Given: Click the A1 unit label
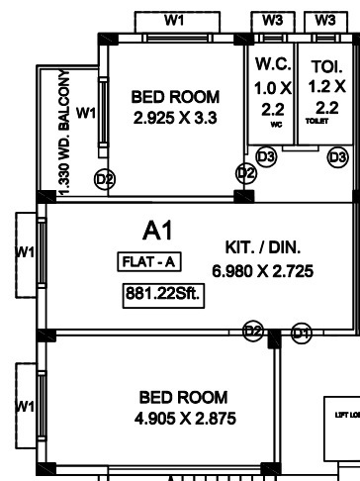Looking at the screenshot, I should click(158, 232).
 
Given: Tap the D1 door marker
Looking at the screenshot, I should click(302, 330).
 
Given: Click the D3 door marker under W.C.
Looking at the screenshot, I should click(266, 156).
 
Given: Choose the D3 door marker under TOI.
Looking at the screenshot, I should click(338, 156).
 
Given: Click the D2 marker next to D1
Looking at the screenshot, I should click(253, 330).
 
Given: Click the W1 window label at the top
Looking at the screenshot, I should click(175, 20).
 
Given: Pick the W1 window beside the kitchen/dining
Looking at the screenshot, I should click(26, 252).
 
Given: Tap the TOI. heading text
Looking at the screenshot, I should click(326, 67).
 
